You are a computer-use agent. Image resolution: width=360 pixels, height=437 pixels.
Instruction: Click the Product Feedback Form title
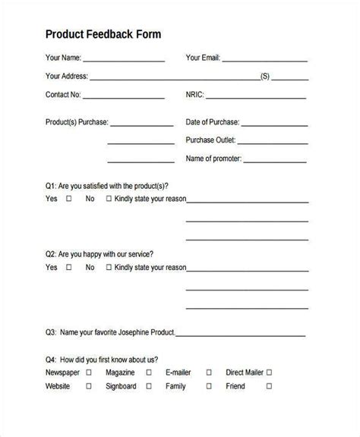[x=103, y=34]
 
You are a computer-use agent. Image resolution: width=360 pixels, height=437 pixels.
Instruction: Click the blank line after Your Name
[x=124, y=59]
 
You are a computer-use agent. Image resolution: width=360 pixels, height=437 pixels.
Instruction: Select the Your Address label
[x=67, y=77]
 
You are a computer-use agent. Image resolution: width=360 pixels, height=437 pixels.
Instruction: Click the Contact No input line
[x=123, y=97]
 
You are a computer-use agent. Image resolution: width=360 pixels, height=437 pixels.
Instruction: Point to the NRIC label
[x=194, y=96]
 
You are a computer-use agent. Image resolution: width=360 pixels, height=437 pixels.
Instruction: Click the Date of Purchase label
[x=213, y=122]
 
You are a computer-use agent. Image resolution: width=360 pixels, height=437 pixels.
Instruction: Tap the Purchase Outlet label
[x=213, y=140]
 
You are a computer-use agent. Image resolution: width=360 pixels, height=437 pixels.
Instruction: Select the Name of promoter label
[x=215, y=159]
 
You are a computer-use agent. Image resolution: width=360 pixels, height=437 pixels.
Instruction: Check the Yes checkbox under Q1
[x=69, y=200]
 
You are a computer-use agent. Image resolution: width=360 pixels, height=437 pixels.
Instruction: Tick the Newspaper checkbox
[x=89, y=373]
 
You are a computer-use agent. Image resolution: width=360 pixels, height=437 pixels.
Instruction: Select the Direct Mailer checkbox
[x=269, y=373]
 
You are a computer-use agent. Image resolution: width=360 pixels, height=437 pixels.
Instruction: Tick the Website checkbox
[x=89, y=386]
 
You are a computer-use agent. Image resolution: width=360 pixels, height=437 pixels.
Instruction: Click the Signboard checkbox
[x=146, y=386]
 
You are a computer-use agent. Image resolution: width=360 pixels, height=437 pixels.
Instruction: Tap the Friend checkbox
[x=269, y=386]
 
